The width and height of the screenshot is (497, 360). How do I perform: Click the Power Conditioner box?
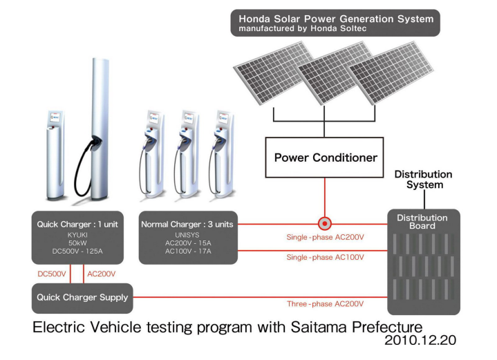point(326,158)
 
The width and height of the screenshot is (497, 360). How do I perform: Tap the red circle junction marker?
point(324,224)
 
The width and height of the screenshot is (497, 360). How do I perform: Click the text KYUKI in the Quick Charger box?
point(77,235)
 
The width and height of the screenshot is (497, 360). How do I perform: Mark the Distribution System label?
point(423,180)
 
